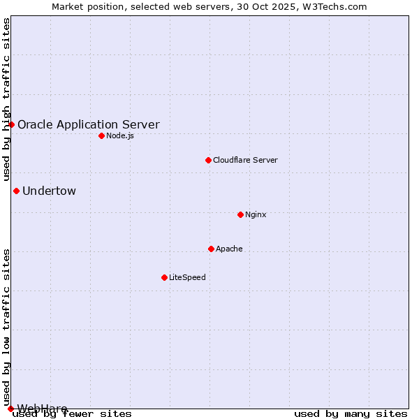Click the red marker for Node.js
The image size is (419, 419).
[x=101, y=135]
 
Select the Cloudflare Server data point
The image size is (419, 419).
[x=208, y=160]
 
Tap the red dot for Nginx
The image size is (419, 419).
[x=240, y=214]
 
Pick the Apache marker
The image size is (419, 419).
[x=211, y=249]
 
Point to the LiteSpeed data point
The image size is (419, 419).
[x=164, y=277]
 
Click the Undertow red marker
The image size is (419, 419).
[x=16, y=191]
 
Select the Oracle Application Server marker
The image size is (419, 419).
[x=11, y=124]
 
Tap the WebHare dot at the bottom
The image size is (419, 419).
[x=10, y=409]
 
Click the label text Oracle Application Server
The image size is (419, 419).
[x=88, y=125]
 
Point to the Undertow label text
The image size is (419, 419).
[x=49, y=191]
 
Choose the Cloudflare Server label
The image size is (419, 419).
[x=245, y=160]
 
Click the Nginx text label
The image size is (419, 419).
[x=256, y=214]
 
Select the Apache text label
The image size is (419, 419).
[x=229, y=249]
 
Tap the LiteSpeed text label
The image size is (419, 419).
[x=187, y=277]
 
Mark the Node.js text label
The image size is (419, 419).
[x=120, y=135]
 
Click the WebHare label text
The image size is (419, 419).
[x=42, y=409]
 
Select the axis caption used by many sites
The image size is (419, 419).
[x=351, y=414]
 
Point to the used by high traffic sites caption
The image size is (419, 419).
[x=6, y=100]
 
